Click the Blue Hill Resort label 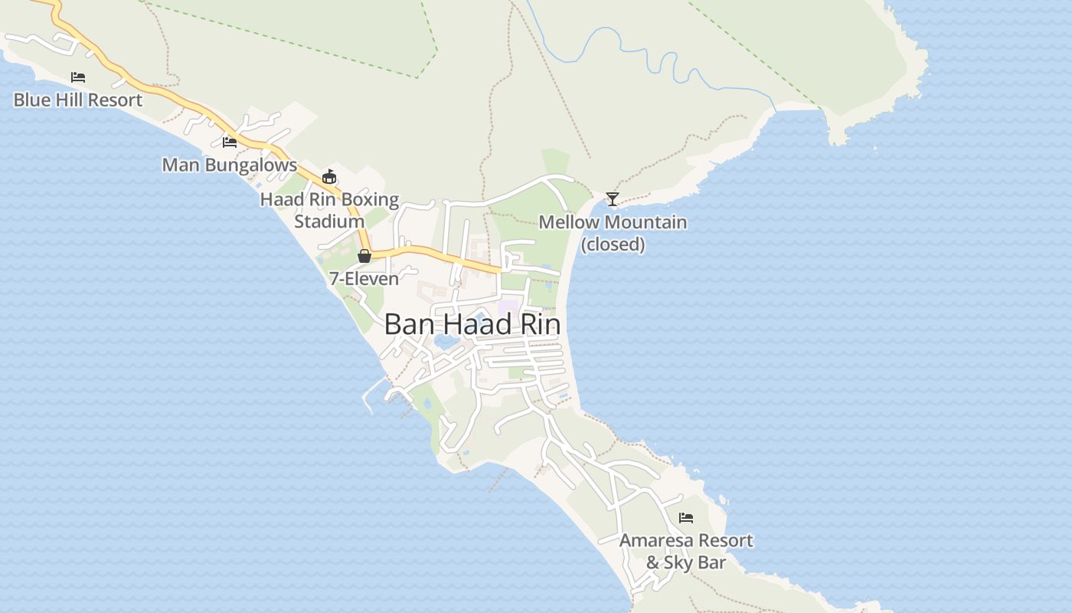78,100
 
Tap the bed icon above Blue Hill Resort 78,77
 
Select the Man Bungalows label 230,165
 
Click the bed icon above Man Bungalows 230,142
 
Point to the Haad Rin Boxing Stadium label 329,210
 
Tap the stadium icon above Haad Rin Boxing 329,177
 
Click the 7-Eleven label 364,278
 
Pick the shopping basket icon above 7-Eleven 364,256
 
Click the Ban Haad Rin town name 472,324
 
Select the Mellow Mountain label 613,222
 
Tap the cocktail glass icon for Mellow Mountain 613,199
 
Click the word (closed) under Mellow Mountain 613,244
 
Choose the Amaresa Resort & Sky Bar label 686,551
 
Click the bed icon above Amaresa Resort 686,518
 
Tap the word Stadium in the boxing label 329,221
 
